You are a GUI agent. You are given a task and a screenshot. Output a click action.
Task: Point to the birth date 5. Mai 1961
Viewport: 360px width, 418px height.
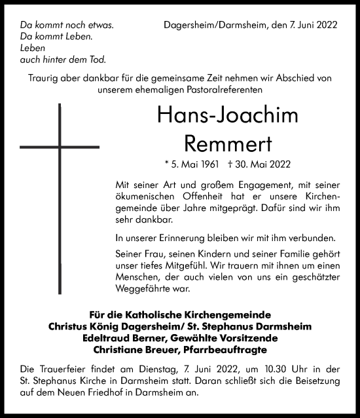tap(192, 164)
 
